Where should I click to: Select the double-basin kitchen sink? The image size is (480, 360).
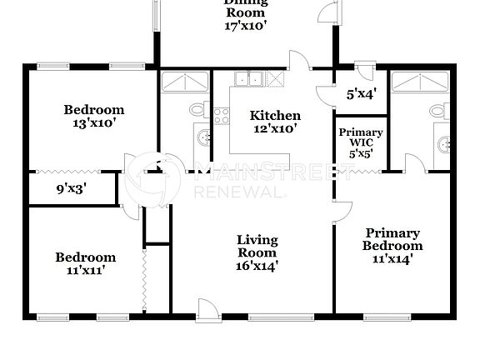pyautogui.click(x=249, y=80)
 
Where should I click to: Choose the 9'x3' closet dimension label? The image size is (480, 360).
pyautogui.click(x=71, y=189)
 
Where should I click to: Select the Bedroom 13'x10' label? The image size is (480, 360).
pyautogui.click(x=94, y=116)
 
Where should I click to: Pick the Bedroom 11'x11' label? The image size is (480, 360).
pyautogui.click(x=86, y=263)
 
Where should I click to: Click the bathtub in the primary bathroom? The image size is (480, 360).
pyautogui.click(x=422, y=82)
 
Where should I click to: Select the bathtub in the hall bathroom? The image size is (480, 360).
pyautogui.click(x=184, y=82)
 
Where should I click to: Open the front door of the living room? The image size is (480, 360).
pyautogui.click(x=208, y=308)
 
